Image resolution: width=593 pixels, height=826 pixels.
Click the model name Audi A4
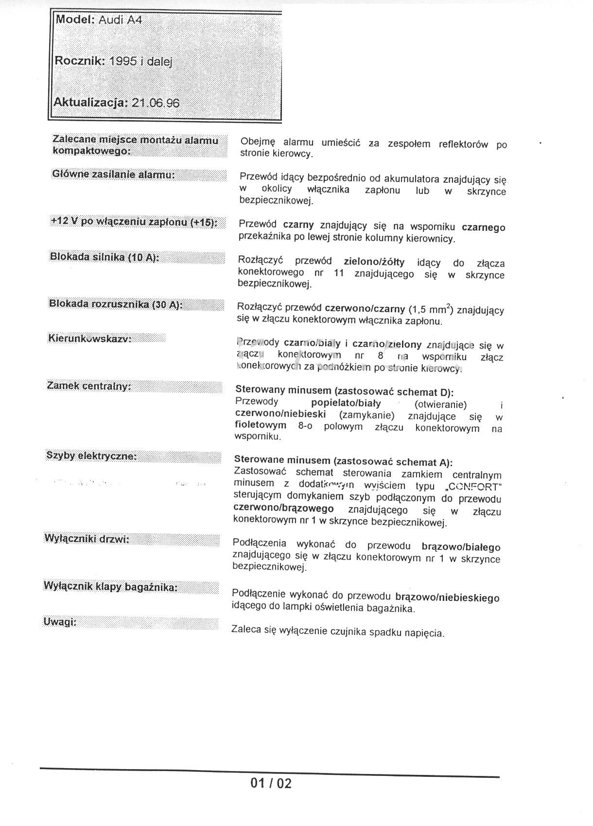[x=120, y=20]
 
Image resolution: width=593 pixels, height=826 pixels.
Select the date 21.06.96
[x=156, y=103]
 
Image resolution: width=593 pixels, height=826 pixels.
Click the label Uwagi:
[x=60, y=622]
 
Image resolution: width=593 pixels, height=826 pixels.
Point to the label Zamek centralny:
[x=89, y=386]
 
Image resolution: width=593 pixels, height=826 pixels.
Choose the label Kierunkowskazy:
[x=90, y=338]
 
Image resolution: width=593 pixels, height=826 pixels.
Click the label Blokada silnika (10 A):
[x=105, y=257]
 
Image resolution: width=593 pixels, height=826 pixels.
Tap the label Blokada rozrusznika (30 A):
[x=116, y=304]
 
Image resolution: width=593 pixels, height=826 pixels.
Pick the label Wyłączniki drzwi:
[x=87, y=539]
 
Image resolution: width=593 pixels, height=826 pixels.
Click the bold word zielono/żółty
[x=374, y=262]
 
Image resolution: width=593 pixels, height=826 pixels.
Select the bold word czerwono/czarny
[x=365, y=308]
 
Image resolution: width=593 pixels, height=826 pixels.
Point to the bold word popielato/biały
[x=346, y=403]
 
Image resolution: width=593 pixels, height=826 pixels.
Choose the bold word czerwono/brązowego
[x=283, y=508]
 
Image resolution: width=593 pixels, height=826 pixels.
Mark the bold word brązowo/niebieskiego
[x=447, y=597]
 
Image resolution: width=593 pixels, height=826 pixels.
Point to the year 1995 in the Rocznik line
[x=123, y=62]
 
